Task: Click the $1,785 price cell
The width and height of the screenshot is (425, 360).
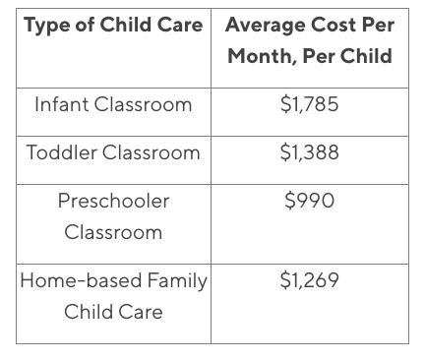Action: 309,104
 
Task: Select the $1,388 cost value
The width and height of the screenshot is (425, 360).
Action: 309,152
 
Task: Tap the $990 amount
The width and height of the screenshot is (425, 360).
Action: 309,201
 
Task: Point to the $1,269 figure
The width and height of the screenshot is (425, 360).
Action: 309,280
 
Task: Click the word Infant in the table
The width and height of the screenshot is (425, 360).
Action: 60,104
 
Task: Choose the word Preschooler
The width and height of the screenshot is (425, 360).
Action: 113,201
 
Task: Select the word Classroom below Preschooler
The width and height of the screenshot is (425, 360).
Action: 113,233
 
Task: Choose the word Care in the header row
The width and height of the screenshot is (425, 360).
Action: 181,25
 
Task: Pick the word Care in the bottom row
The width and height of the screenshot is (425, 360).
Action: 142,313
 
